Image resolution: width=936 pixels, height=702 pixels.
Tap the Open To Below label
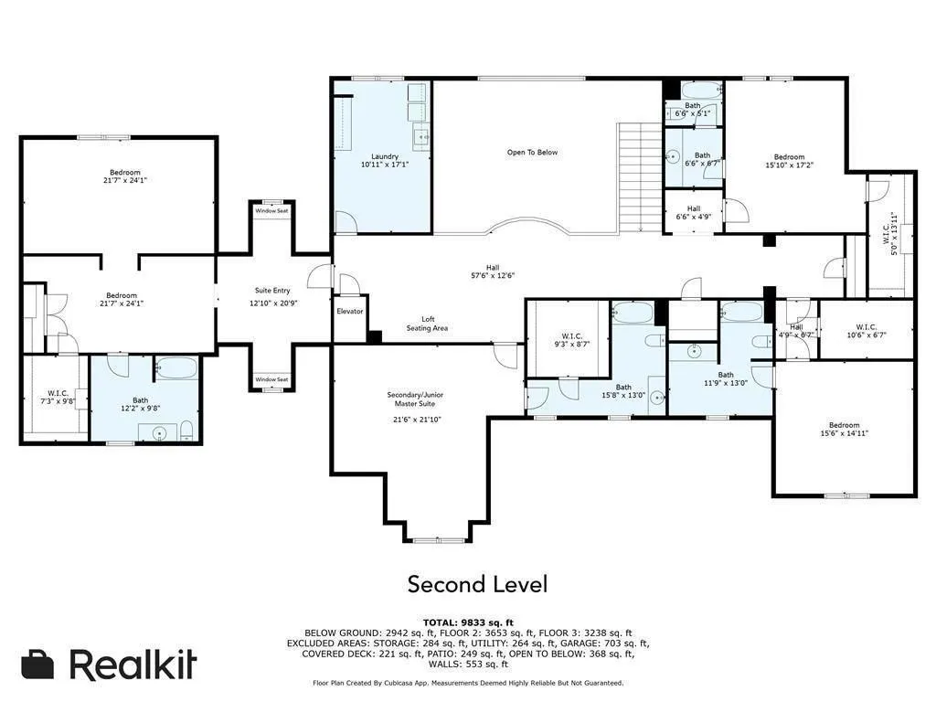click(x=532, y=153)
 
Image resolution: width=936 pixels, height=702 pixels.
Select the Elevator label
click(x=350, y=312)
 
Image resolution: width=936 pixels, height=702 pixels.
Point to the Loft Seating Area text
click(x=427, y=324)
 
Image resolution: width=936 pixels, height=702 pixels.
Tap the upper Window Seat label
click(x=271, y=211)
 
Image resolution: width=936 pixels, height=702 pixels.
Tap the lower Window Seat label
click(x=271, y=379)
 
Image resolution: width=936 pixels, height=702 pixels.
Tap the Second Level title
click(x=477, y=583)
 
